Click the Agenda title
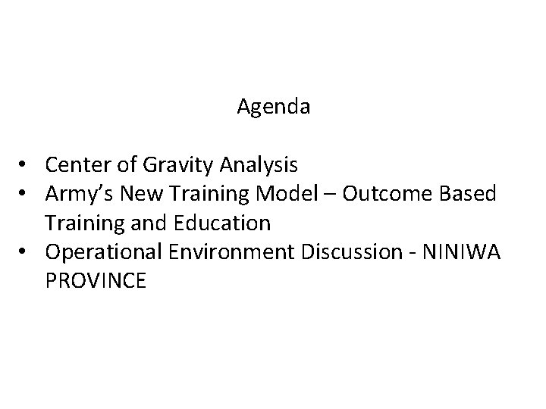[x=273, y=108]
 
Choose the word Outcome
[x=387, y=194]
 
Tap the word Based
[x=469, y=194]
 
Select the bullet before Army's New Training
[x=25, y=195]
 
